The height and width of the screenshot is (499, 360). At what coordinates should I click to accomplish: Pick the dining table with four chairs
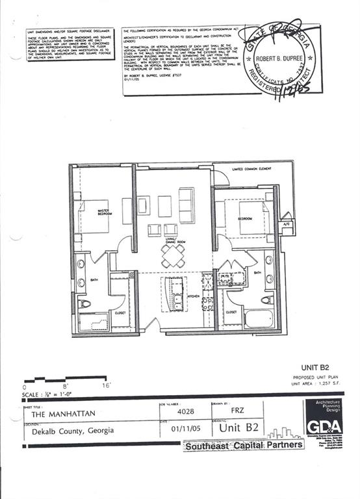(x=174, y=256)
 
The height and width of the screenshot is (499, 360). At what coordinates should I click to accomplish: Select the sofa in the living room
(x=186, y=205)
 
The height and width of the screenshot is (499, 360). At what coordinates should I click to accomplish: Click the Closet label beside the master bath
(x=120, y=313)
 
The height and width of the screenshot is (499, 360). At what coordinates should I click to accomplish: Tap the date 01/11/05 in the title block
(x=183, y=429)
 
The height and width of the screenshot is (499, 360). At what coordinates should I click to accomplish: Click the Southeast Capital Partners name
(x=244, y=446)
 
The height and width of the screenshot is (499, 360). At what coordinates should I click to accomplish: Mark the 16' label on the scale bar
(x=105, y=385)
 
